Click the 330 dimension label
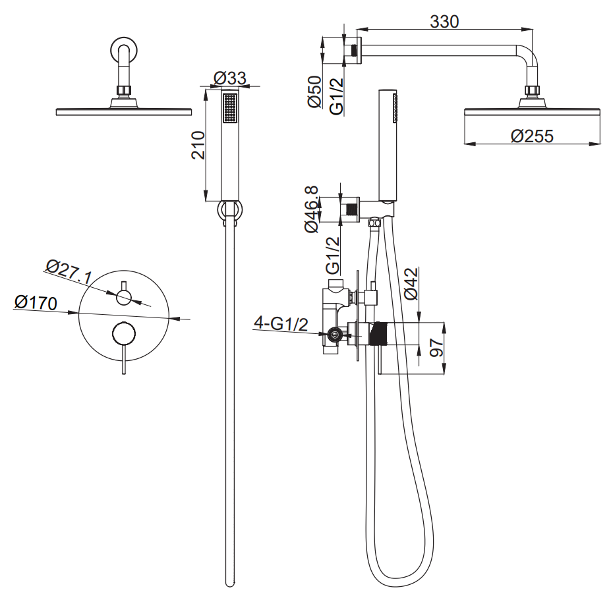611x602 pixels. coord(444,21)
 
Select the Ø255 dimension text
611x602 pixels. coord(531,136)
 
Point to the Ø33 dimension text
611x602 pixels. coord(230,78)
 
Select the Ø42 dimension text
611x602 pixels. coord(412,284)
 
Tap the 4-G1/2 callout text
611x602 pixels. coord(281,324)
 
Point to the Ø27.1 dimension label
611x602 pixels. coord(68,272)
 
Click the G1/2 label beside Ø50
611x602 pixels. coord(336,96)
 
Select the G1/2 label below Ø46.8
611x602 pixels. coord(334,255)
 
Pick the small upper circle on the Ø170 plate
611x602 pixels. coord(123,298)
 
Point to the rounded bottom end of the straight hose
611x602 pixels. coord(230,583)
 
